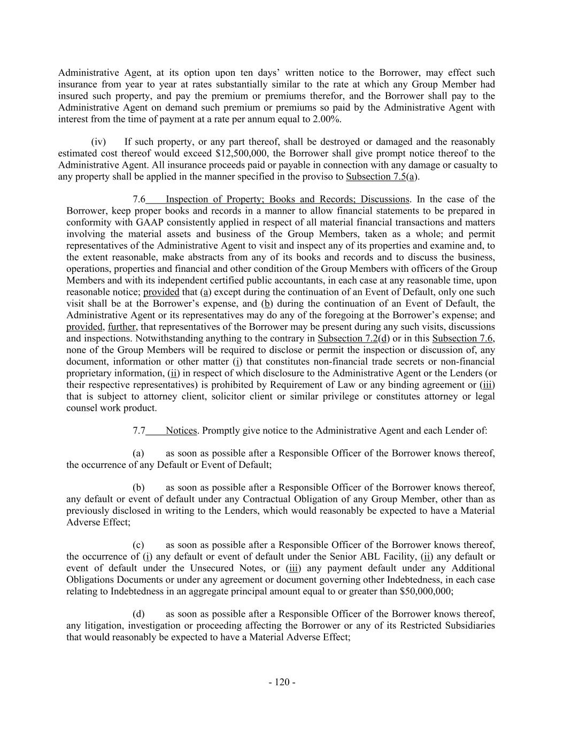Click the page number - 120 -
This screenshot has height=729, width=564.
click(282, 682)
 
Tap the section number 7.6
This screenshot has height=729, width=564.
click(139, 199)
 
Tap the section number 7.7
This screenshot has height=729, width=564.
click(139, 430)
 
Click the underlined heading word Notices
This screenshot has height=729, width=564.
click(181, 430)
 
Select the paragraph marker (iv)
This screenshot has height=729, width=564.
click(98, 142)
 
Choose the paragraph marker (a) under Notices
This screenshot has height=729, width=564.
click(138, 453)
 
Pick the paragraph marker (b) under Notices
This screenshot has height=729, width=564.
click(138, 487)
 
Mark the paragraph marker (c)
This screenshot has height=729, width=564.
click(138, 545)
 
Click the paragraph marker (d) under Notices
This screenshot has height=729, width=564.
click(138, 614)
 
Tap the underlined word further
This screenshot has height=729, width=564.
click(122, 326)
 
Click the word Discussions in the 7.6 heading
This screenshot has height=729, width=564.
click(382, 199)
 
